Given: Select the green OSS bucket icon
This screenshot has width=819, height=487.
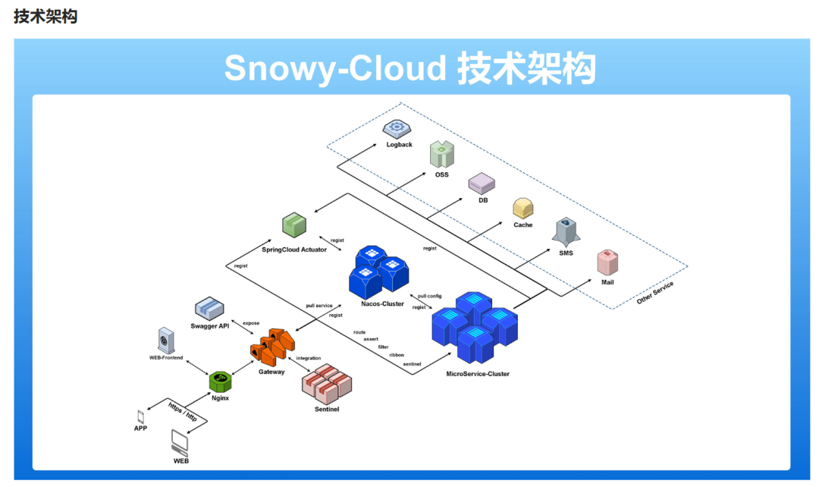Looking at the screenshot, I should pyautogui.click(x=441, y=155).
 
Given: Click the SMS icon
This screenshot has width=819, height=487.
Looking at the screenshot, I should pyautogui.click(x=566, y=231).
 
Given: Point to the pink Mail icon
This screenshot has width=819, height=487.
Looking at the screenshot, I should pyautogui.click(x=607, y=262).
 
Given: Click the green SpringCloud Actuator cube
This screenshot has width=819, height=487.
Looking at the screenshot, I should pyautogui.click(x=294, y=225).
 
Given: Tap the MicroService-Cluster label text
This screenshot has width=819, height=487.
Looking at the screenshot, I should pyautogui.click(x=478, y=374).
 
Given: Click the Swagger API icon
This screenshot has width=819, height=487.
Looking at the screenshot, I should pyautogui.click(x=210, y=308).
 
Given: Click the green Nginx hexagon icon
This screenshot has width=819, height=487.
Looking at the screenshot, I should pyautogui.click(x=221, y=381).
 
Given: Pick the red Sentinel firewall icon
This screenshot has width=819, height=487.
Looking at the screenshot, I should pyautogui.click(x=327, y=383).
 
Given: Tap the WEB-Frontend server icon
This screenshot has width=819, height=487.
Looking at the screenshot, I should pyautogui.click(x=166, y=339).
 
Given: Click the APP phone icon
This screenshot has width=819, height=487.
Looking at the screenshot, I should pyautogui.click(x=140, y=416).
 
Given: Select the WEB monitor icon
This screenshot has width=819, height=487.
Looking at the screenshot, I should pyautogui.click(x=181, y=441).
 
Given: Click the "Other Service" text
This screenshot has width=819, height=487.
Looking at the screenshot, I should pyautogui.click(x=655, y=292).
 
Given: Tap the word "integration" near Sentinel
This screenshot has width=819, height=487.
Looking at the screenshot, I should pyautogui.click(x=309, y=358).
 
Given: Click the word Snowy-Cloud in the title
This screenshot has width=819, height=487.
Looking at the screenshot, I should pyautogui.click(x=334, y=68).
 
